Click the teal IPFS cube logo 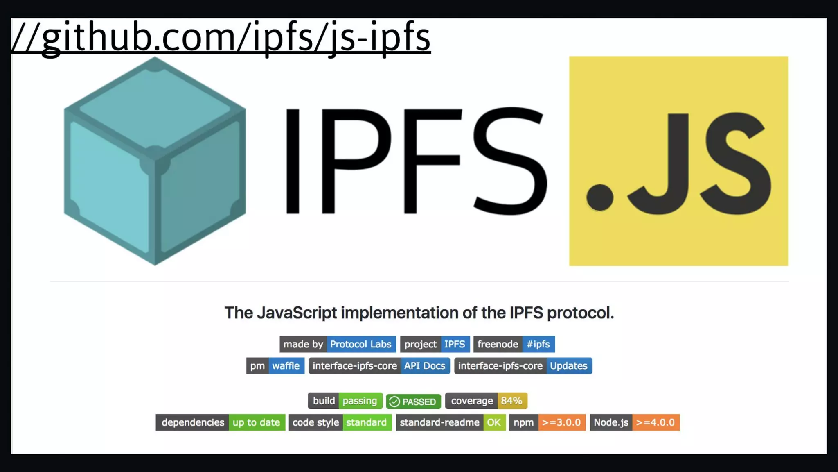click(155, 161)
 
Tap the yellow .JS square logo click(678, 161)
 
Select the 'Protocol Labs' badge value click(360, 344)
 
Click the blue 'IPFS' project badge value click(455, 344)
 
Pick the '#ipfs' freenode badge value click(538, 344)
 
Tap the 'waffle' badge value click(286, 366)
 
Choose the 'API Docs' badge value click(425, 366)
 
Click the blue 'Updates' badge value click(568, 366)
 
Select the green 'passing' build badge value click(360, 401)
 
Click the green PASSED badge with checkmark click(414, 402)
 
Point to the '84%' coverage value click(511, 401)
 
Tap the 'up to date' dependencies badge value click(256, 422)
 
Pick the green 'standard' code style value click(366, 422)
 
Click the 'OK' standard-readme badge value click(494, 422)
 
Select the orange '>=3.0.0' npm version click(561, 422)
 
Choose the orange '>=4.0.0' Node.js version click(656, 422)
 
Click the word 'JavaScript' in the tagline click(297, 313)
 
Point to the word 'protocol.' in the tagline click(580, 313)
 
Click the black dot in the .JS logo click(600, 197)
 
